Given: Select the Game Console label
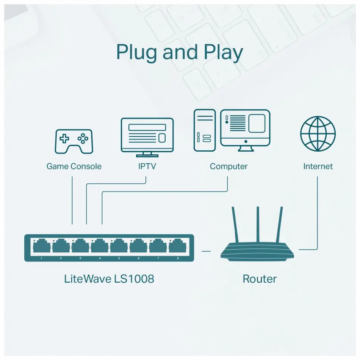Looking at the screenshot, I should coord(74,166).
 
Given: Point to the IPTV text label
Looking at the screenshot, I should coord(147,166).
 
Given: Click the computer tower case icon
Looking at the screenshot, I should coord(205,130).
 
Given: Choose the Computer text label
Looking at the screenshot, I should coord(229,166).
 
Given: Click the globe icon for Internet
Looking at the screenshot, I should coord(318,134).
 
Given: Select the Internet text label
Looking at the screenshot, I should coord(318,166).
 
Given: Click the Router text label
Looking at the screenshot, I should coord(260,279).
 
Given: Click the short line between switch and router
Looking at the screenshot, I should coord(206,250).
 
